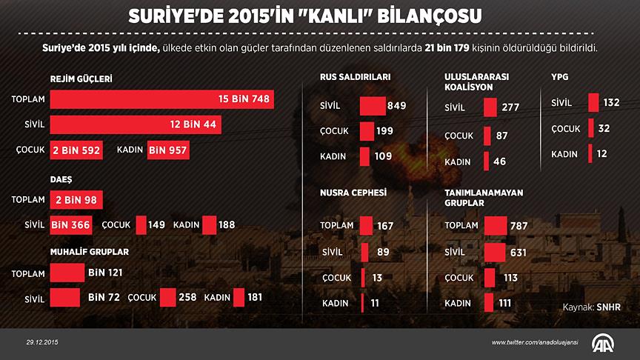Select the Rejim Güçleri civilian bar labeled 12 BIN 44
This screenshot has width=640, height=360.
click(136, 124)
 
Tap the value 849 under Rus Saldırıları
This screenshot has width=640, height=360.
click(396, 105)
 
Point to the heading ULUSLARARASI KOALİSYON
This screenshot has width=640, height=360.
click(476, 81)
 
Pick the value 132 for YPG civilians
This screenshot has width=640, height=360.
click(611, 103)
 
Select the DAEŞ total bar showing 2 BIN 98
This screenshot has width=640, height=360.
click(76, 199)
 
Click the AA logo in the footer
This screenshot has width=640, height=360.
click(604, 343)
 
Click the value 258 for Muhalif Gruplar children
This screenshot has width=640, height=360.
click(187, 297)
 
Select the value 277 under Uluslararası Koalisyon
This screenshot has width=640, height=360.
click(511, 108)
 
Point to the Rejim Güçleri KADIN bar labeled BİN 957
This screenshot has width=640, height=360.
click(168, 150)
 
